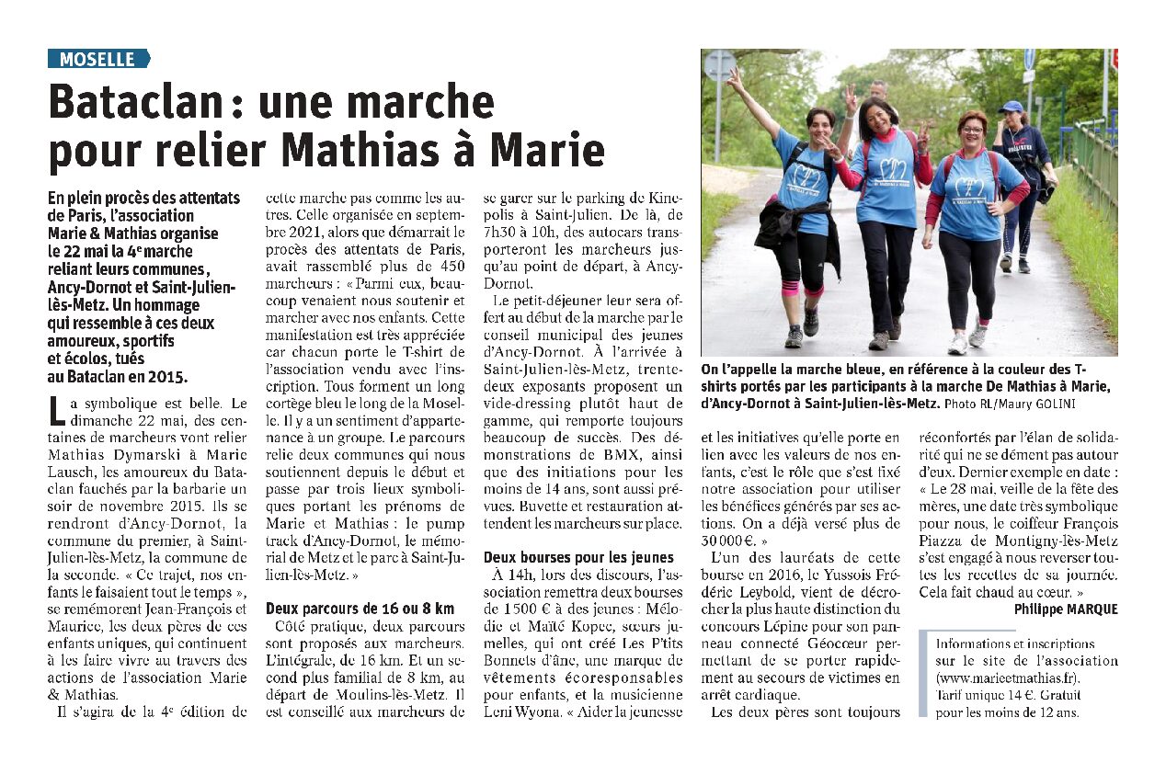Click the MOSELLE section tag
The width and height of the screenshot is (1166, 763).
[x=97, y=60]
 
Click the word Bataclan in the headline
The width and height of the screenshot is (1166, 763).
[x=132, y=102]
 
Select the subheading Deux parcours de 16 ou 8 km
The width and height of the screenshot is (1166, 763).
[x=360, y=608]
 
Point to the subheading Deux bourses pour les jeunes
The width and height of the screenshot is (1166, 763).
[x=578, y=557]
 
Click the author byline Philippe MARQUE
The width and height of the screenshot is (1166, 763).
[x=1066, y=609]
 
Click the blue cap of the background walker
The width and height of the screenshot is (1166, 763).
[x=1011, y=107]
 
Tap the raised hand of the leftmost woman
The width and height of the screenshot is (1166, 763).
[x=735, y=77]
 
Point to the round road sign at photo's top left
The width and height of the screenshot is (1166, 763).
[x=719, y=65]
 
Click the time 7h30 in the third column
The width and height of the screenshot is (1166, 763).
[x=502, y=232]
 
